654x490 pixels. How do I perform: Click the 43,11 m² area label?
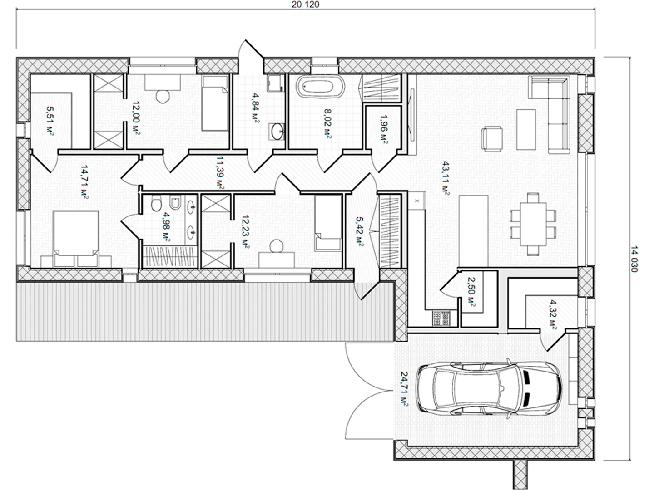[445, 178]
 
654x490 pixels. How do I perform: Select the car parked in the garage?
[489, 388]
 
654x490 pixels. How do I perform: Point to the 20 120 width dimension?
[305, 5]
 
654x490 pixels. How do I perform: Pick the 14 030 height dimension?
[634, 259]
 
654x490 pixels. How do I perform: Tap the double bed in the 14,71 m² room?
[76, 239]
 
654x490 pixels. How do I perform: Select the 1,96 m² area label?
[383, 130]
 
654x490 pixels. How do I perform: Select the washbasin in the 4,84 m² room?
[278, 131]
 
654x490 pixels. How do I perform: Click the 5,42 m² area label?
[359, 231]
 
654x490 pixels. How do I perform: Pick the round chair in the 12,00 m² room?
[163, 96]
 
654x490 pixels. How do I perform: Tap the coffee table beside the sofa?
[526, 129]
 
